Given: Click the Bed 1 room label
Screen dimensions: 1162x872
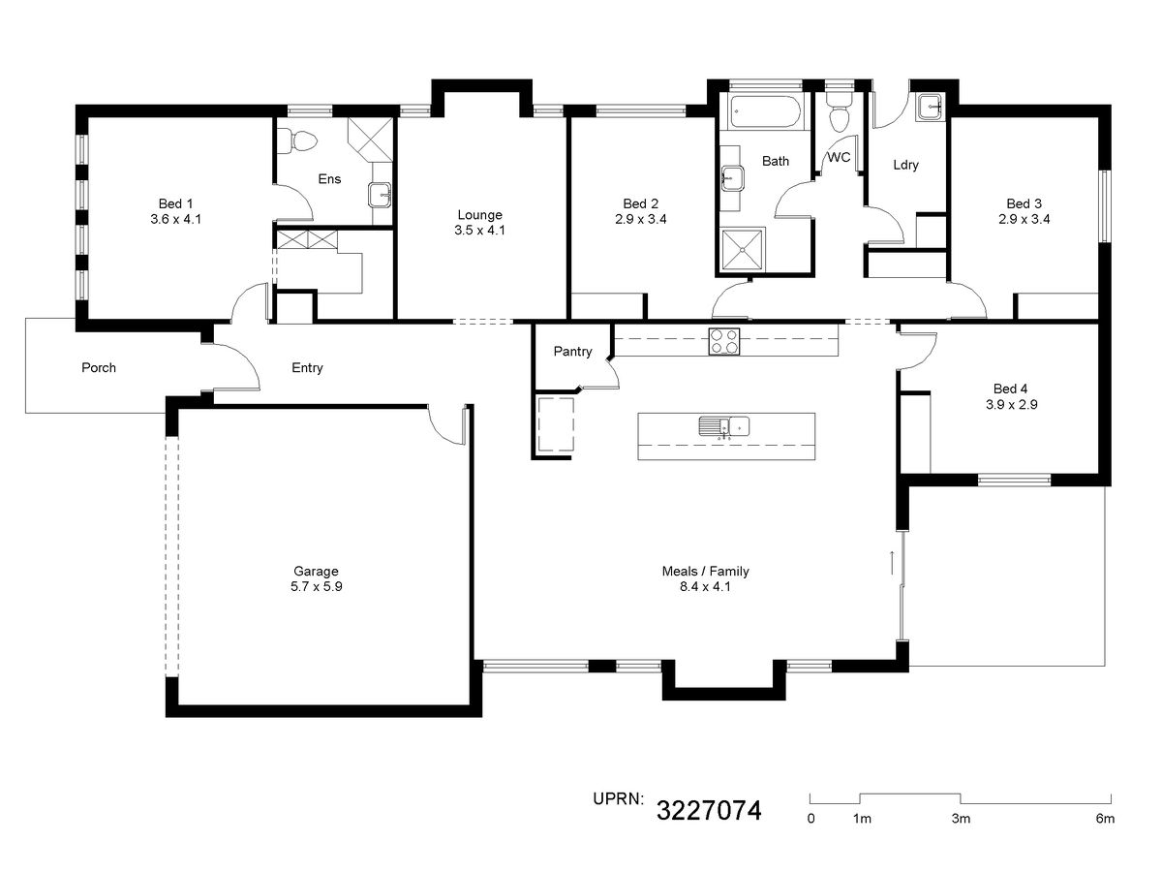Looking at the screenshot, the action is pos(175,203).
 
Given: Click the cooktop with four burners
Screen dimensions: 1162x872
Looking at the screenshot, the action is pos(723,341).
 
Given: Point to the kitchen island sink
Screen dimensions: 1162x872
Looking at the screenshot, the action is pos(723,426).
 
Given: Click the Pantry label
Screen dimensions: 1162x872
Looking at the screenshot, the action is pos(572,351).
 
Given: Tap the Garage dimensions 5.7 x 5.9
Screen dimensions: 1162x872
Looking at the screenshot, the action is pos(316,586).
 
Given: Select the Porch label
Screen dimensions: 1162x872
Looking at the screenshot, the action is pos(99,367).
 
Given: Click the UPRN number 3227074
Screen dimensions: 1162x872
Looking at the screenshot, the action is pos(709,810).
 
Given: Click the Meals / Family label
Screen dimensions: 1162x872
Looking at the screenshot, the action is pos(705,572).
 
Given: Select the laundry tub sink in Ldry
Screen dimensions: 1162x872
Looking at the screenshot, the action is pos(931,108).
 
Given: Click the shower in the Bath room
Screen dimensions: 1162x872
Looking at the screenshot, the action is pos(742,250).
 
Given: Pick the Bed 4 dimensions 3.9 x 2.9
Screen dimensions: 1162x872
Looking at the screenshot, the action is pos(1011,404).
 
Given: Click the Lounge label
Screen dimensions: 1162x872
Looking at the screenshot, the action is pos(479,215).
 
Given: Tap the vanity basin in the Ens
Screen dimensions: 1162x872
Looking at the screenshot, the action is pos(381,195).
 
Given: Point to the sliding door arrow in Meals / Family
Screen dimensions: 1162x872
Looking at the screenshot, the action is pos(892,563).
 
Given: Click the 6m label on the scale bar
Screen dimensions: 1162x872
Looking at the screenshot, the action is pos(1105,819).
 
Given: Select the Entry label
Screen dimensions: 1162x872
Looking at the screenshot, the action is pos(307,368).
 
